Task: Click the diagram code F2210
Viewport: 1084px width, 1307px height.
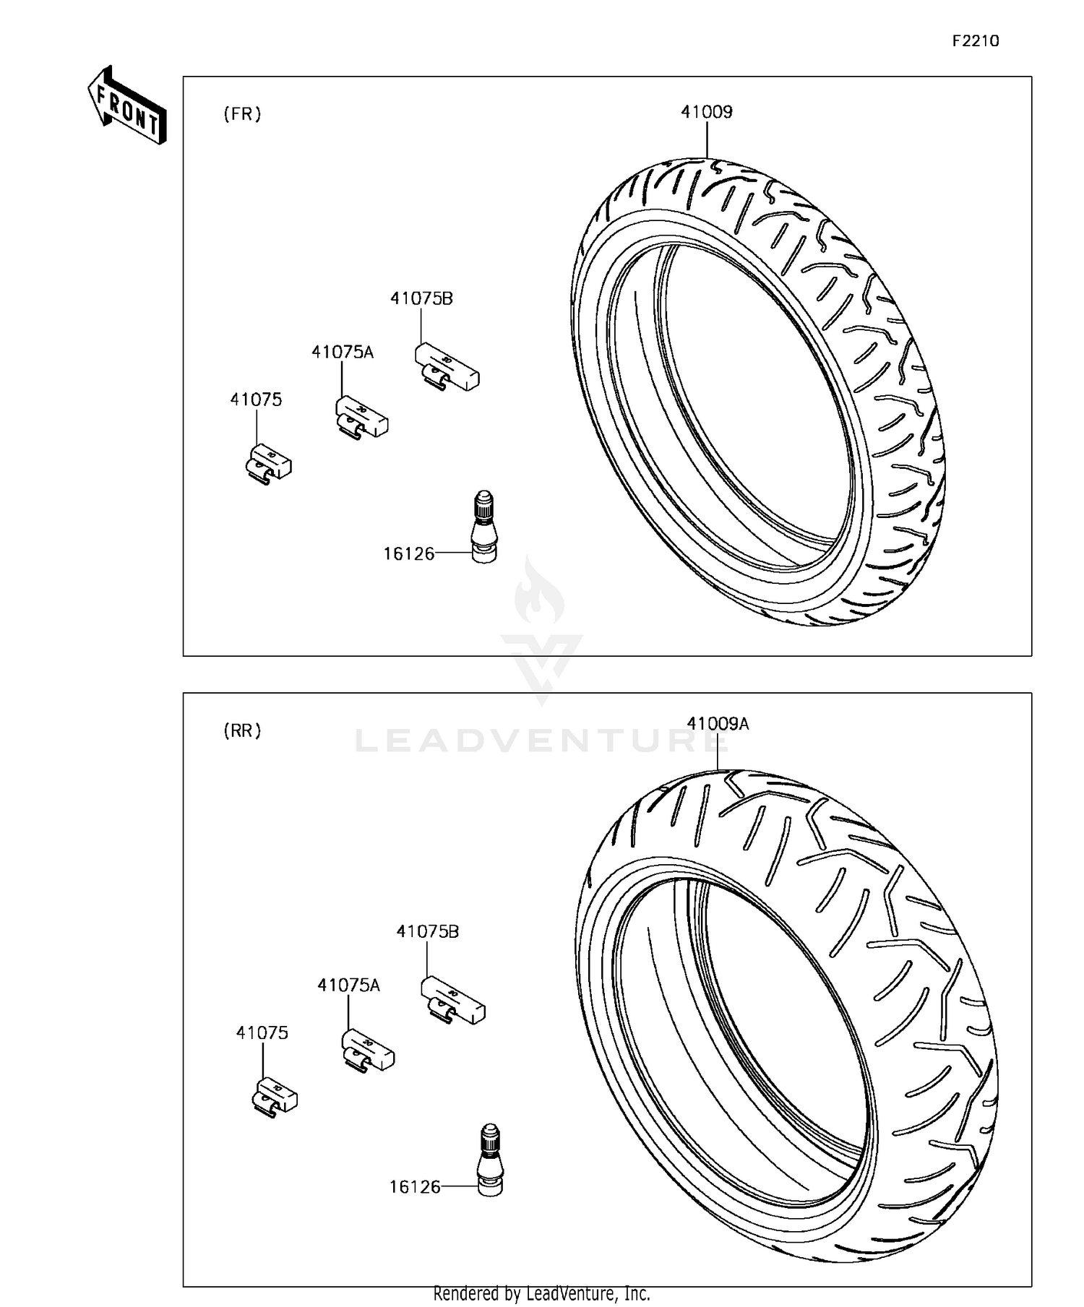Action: (975, 41)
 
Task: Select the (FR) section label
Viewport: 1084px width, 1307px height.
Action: (242, 114)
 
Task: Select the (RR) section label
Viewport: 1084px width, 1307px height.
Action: (242, 730)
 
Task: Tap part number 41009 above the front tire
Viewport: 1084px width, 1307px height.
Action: (706, 112)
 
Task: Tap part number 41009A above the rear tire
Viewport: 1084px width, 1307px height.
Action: (718, 723)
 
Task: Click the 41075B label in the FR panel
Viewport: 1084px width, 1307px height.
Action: (421, 298)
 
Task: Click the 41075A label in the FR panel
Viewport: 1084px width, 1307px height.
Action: (343, 352)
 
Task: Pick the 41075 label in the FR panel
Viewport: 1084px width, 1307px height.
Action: (256, 400)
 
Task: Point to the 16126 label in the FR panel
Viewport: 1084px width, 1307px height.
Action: (408, 554)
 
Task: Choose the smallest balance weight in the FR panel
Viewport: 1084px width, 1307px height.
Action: (268, 463)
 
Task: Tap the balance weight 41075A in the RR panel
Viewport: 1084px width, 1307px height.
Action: (368, 1050)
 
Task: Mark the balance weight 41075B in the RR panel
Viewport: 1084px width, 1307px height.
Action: (452, 1000)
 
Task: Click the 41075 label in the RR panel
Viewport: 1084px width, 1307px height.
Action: (262, 1033)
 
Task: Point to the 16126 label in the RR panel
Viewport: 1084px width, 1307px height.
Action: (415, 1187)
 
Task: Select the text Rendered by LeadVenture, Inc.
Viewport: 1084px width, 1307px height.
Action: (542, 1293)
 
